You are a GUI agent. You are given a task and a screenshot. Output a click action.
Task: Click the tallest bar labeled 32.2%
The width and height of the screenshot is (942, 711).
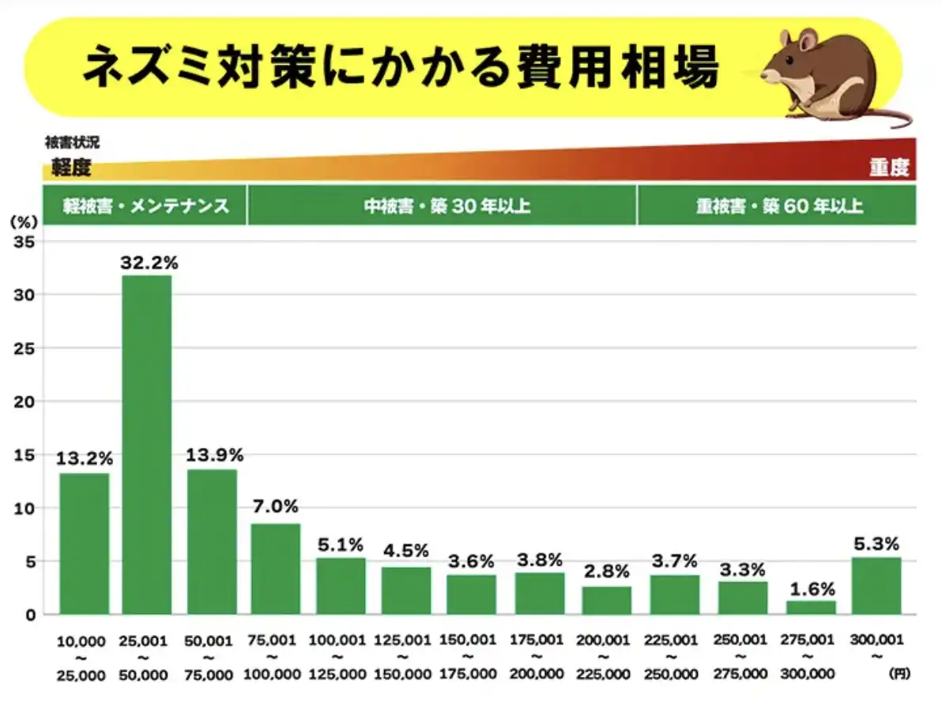point(146,442)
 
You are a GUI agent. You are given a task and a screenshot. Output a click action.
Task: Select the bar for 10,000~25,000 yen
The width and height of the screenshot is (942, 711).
point(84,544)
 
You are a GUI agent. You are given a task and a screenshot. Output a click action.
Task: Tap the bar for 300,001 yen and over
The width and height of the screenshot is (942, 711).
point(876,585)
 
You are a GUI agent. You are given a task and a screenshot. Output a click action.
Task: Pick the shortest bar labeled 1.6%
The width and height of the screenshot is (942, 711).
point(811,608)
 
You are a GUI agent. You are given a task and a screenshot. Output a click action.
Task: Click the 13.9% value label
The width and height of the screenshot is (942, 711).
point(214,455)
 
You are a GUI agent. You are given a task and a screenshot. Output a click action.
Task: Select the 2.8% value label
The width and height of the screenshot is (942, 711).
point(607,571)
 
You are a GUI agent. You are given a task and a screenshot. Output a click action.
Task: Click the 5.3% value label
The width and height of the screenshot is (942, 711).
point(876,544)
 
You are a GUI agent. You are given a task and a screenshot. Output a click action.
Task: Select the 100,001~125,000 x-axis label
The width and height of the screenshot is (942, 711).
point(338,656)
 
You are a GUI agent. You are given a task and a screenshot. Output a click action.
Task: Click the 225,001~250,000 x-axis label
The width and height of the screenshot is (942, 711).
point(673,656)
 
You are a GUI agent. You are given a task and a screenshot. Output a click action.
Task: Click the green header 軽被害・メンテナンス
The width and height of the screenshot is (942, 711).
point(146,206)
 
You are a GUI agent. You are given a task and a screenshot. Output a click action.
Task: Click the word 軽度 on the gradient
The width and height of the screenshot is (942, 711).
point(71,167)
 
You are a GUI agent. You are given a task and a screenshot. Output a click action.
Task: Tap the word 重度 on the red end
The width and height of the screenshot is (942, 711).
point(889,167)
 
